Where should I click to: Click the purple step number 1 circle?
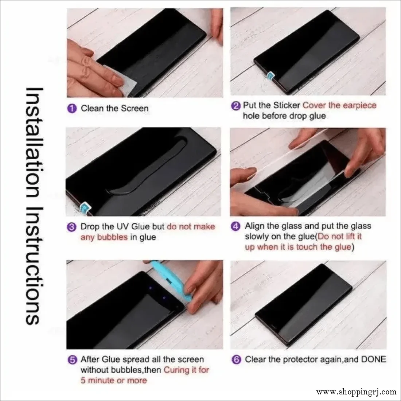pos(72,109)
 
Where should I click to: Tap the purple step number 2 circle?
pos(236,106)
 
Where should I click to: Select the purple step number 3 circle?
pos(72,227)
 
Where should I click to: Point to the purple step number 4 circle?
pos(236,226)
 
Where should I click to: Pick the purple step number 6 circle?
pos(236,360)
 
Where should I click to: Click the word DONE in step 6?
pos(373,359)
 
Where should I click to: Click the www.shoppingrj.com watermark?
pos(356,392)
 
